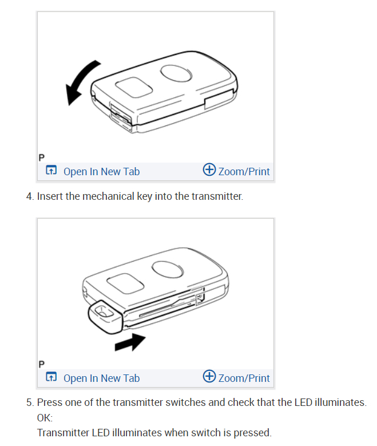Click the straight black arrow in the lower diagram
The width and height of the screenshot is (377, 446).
click(130, 342)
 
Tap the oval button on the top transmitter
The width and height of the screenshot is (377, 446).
click(176, 73)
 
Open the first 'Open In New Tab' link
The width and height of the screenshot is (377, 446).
click(101, 171)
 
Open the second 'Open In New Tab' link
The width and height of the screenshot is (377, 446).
click(101, 378)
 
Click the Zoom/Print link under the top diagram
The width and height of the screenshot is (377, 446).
click(244, 171)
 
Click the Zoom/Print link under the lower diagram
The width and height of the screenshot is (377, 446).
click(244, 378)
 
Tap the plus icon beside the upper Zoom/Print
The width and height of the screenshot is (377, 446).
click(209, 170)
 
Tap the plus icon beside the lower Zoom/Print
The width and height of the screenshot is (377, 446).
click(209, 377)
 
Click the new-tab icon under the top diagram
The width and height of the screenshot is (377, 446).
click(51, 171)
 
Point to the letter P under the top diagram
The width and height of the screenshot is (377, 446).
click(41, 157)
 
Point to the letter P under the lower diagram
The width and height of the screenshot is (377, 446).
click(41, 364)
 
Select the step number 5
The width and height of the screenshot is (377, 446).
click(29, 402)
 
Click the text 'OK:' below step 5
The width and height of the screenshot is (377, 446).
click(45, 417)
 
